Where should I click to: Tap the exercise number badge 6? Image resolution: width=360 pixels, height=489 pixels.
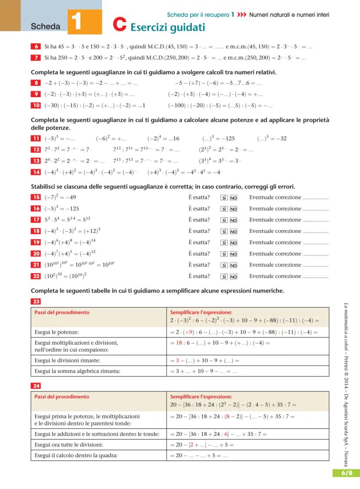36,46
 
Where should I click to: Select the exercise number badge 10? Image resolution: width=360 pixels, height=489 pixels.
36,105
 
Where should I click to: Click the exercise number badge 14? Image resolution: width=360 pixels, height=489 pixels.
36,172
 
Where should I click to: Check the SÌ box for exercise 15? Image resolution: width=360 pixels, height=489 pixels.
224,198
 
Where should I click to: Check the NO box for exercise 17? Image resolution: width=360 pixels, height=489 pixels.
233,220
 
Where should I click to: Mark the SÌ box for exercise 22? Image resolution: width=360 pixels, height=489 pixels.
224,276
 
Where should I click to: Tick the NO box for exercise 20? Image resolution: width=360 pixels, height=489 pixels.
233,254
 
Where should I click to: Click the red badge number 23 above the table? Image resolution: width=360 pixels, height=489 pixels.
36,301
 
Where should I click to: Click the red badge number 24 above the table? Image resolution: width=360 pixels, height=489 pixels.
36,385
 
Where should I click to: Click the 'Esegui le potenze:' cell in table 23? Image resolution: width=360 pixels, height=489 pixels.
57,332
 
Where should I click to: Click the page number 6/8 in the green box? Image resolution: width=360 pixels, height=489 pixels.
347,473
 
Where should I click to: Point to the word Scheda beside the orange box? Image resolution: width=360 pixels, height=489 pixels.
46,27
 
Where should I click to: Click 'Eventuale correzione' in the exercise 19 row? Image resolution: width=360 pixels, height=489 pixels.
275,243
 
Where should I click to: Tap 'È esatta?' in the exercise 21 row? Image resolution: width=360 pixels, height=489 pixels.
199,265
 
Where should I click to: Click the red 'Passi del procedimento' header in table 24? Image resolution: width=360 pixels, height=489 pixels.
62,397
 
